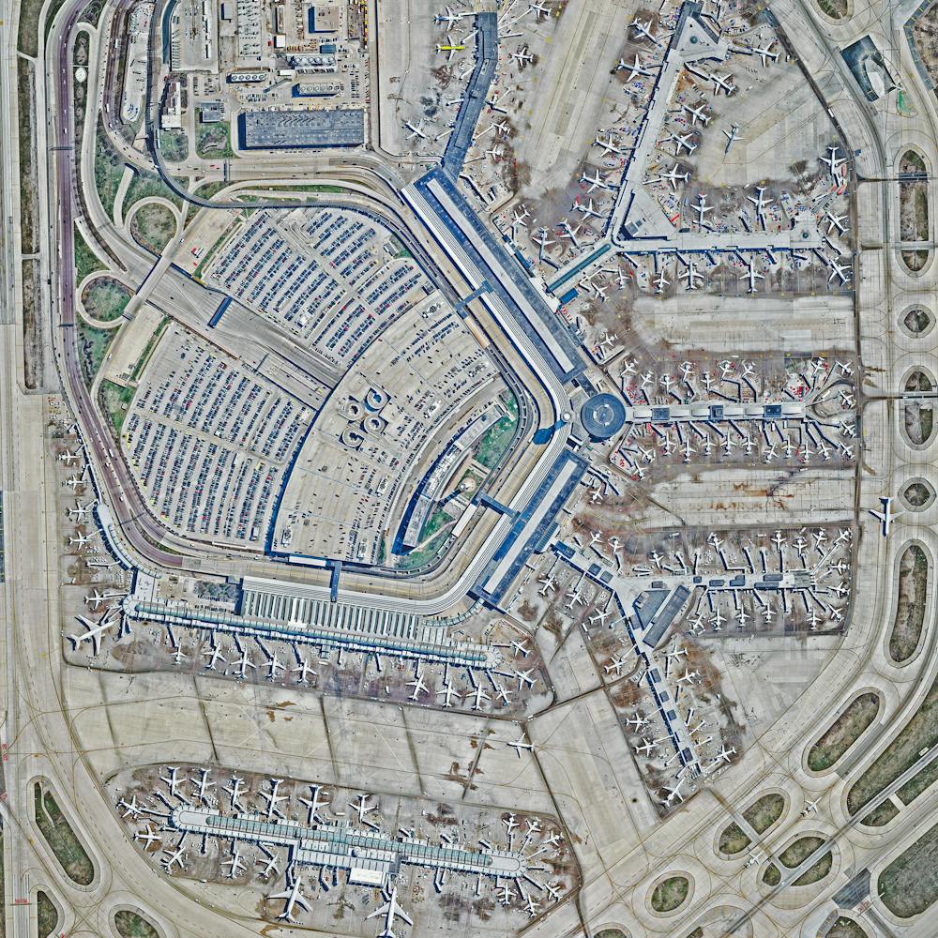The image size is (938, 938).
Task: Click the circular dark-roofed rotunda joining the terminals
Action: [x=602, y=415]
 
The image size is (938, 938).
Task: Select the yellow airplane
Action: [x=450, y=47]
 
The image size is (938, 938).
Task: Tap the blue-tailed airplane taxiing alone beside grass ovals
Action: [x=884, y=514]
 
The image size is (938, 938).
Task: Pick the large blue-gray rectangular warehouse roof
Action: [x=303, y=129]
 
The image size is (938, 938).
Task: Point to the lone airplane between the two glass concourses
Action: [x=521, y=746]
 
